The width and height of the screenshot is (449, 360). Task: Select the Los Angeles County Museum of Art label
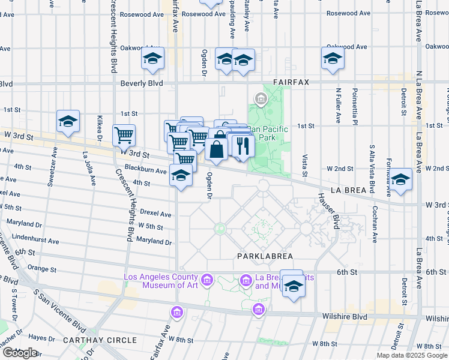pos(160,281)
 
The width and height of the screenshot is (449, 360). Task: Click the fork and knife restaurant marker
pos(243,145)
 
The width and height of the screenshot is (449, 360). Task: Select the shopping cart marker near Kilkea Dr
pos(124,135)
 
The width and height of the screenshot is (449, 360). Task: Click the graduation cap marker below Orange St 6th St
pos(294,286)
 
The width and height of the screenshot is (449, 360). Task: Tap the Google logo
pos(20,353)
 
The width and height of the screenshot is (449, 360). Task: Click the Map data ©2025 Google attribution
pos(412,355)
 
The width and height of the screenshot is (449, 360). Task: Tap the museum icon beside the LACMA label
pos(206,280)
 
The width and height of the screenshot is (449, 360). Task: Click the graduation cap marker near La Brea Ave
pos(400,178)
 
